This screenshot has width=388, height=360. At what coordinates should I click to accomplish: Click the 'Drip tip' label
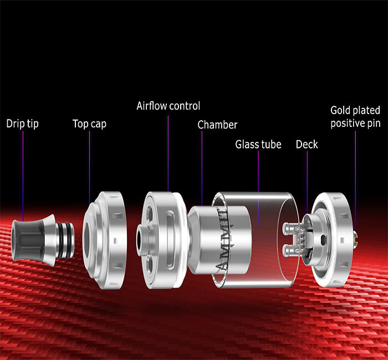pos(22,124)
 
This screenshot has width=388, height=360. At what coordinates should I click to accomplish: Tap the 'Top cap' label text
pos(89,124)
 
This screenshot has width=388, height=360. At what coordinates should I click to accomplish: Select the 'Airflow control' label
pos(169,106)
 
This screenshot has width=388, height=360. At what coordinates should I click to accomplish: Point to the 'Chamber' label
pos(217,125)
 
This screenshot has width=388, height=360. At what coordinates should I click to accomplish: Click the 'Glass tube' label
pos(258,145)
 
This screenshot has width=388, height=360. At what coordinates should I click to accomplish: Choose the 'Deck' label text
pos(307,145)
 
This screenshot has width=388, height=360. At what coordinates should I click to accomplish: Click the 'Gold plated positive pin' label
pos(355,117)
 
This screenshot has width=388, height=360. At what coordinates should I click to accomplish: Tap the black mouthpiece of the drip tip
pos(28,240)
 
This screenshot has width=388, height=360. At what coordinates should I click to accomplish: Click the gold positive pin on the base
pos(355,240)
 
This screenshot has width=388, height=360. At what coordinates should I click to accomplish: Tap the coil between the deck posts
pos(303,239)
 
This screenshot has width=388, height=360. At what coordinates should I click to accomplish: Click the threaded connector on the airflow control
pos(144,240)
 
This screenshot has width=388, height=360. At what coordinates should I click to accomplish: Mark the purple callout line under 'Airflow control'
pos(169,153)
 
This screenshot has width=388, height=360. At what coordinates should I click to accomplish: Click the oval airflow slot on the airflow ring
pos(170,239)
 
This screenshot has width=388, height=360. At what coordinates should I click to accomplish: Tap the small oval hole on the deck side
pos(323,239)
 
